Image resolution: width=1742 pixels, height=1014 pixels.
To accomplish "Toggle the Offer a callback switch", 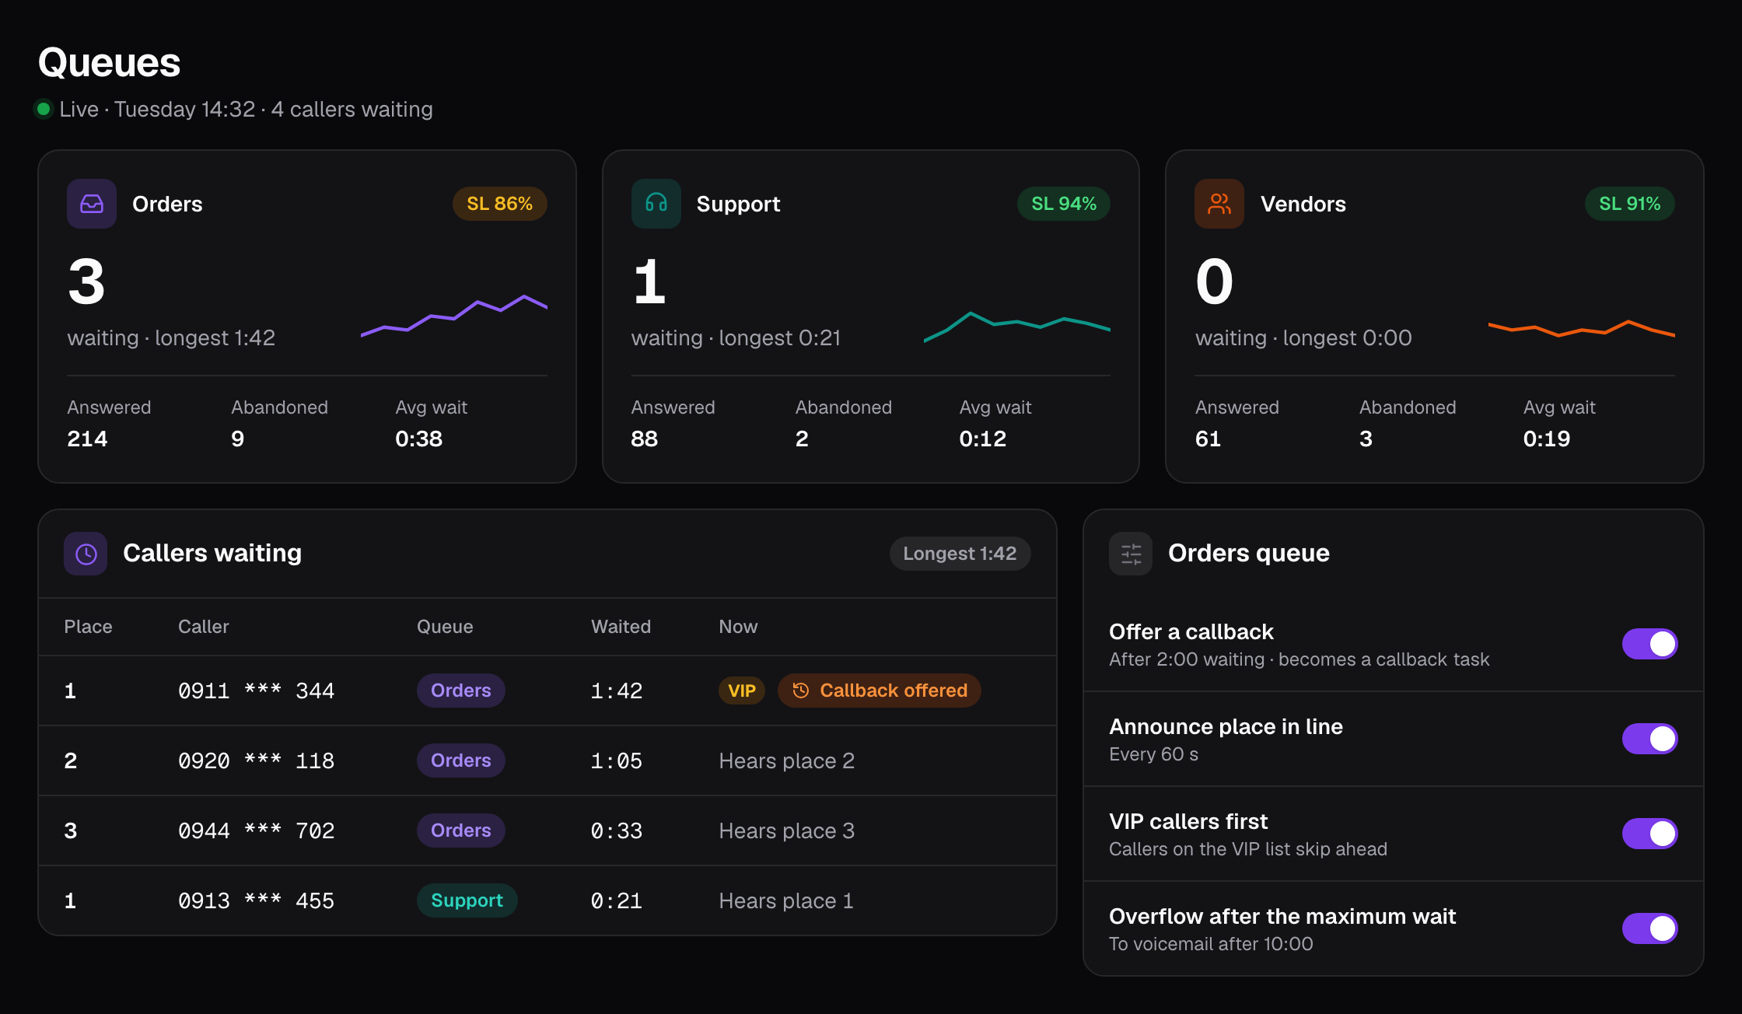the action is click(1649, 644).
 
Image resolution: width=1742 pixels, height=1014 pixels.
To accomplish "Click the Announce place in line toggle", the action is click(1649, 739).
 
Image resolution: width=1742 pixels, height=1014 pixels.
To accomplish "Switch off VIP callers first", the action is click(1649, 834).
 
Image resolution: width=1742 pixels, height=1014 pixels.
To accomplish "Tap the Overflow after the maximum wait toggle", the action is click(1649, 928).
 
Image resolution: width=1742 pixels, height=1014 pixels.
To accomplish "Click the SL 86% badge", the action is click(499, 204).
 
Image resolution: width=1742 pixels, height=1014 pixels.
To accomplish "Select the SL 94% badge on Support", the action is click(1063, 204).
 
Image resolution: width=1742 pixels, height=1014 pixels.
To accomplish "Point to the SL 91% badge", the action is click(1629, 204).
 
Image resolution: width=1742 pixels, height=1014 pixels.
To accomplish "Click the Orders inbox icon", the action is click(92, 204).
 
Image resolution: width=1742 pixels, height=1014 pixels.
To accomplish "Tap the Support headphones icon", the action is click(656, 204).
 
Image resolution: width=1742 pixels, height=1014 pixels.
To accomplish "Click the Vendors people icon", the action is click(1219, 204).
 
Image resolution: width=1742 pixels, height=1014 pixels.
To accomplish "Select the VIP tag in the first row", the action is click(742, 691).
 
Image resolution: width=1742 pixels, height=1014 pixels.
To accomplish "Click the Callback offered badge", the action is click(880, 691).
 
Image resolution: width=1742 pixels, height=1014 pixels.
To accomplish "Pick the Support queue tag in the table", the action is click(467, 900).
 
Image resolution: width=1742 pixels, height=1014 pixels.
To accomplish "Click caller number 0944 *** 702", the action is click(256, 830).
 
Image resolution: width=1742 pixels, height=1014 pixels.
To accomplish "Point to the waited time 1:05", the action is click(616, 760).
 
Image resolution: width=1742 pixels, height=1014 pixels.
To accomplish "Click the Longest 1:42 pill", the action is click(960, 554).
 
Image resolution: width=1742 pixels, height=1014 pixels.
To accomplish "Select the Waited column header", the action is click(621, 627).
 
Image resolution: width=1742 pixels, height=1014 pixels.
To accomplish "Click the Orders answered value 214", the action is click(87, 439).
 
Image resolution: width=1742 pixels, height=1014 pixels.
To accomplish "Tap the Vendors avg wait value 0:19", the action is click(1546, 439).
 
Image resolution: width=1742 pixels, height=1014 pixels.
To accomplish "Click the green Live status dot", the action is click(44, 109).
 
